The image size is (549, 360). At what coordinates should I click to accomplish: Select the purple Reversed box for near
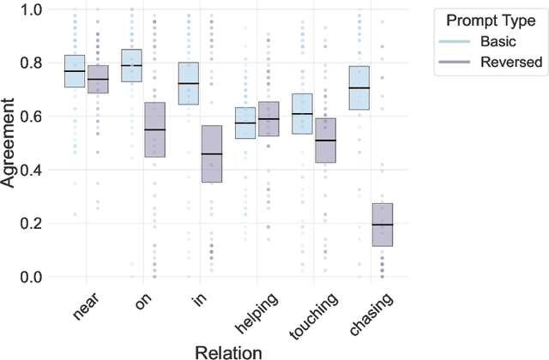pos(97,79)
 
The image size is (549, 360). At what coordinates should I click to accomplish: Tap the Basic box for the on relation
pos(131,65)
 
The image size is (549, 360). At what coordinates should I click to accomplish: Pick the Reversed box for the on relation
pos(154,129)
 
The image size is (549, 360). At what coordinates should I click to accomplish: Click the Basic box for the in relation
pos(188,83)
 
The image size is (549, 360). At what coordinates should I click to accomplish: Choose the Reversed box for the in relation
pos(211,153)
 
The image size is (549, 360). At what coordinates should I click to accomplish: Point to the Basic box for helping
pos(245,123)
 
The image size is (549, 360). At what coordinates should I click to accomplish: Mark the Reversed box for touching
pos(325,140)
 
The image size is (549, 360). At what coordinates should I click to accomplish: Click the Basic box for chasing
pos(359,87)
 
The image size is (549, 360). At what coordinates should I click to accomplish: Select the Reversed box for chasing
pos(382,225)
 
